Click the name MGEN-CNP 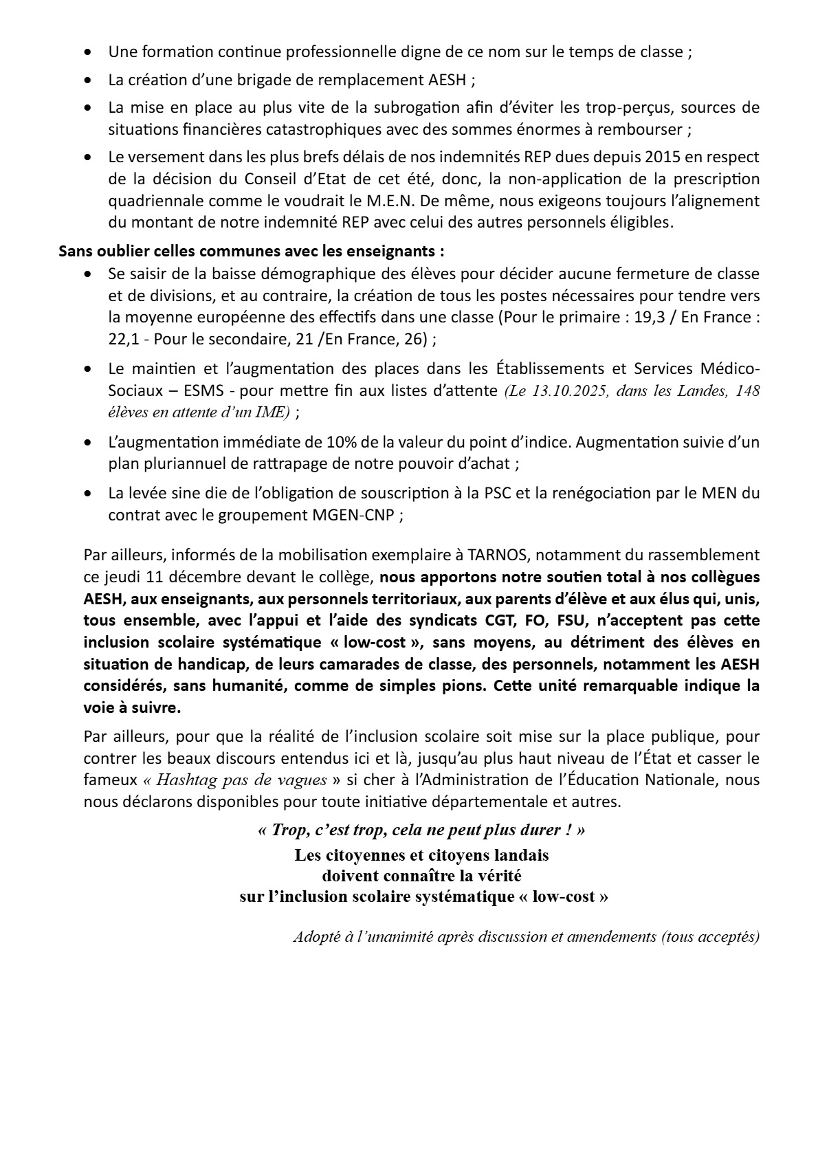click(355, 515)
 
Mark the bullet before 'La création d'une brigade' click(87, 80)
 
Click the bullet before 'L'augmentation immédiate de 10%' click(87, 443)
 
